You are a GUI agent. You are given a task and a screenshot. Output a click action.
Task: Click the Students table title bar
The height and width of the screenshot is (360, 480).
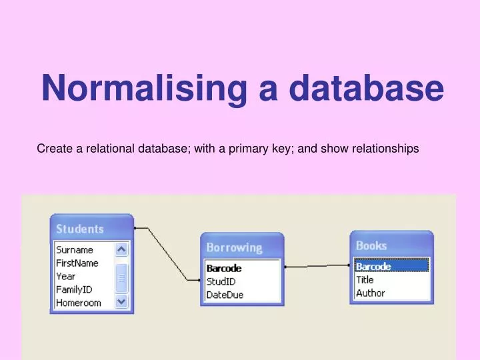pyautogui.click(x=80, y=229)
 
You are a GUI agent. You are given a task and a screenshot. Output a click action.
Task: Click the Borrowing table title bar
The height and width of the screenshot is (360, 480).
pyautogui.click(x=234, y=247)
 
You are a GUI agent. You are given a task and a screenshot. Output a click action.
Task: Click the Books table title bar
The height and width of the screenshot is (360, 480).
pyautogui.click(x=371, y=245)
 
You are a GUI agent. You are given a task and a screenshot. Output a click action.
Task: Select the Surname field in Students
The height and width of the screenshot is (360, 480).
pyautogui.click(x=75, y=250)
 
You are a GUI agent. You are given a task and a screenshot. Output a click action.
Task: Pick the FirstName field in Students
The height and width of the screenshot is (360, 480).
pyautogui.click(x=77, y=263)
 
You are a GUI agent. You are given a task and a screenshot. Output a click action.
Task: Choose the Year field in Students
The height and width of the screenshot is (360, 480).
pyautogui.click(x=66, y=276)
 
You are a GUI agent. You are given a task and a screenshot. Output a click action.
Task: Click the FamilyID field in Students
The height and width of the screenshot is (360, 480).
pyautogui.click(x=74, y=289)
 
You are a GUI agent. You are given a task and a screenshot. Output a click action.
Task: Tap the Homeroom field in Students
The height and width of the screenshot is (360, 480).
pyautogui.click(x=78, y=303)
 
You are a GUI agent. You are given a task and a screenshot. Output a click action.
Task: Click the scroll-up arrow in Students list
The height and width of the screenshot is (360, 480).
pyautogui.click(x=121, y=249)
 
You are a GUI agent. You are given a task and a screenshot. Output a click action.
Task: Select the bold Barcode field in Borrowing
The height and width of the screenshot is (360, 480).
pyautogui.click(x=224, y=269)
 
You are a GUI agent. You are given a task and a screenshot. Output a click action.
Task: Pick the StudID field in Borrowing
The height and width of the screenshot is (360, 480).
pyautogui.click(x=221, y=281)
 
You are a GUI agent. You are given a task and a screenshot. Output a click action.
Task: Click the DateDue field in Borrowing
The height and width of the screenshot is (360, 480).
pyautogui.click(x=225, y=295)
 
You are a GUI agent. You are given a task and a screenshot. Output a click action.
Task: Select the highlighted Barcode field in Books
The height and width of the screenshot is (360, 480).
pyautogui.click(x=373, y=267)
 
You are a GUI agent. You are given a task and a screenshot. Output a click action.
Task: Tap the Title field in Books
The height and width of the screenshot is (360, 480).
pyautogui.click(x=365, y=280)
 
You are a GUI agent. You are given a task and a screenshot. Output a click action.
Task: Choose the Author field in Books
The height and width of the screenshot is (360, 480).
pyautogui.click(x=370, y=293)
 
